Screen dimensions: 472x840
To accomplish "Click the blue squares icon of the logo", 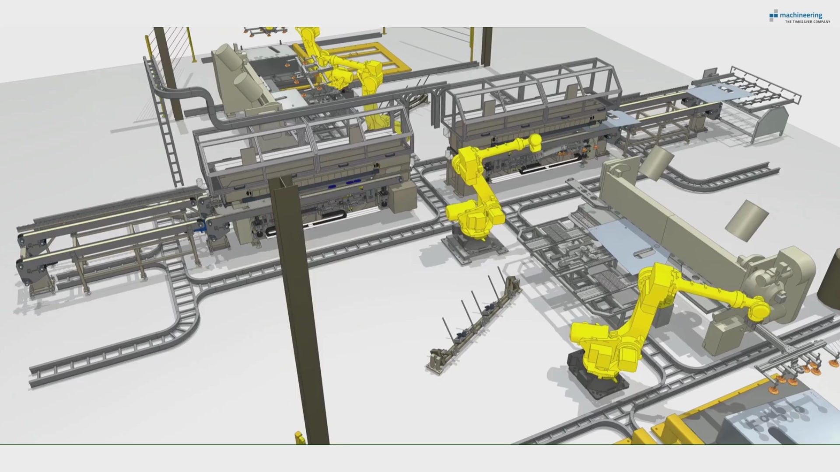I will coord(773,15).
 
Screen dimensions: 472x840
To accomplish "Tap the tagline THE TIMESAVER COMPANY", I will coord(807,21).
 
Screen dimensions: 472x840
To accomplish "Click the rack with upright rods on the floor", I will coord(475,323).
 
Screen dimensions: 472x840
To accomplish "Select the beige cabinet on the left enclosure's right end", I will coord(402,197).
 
